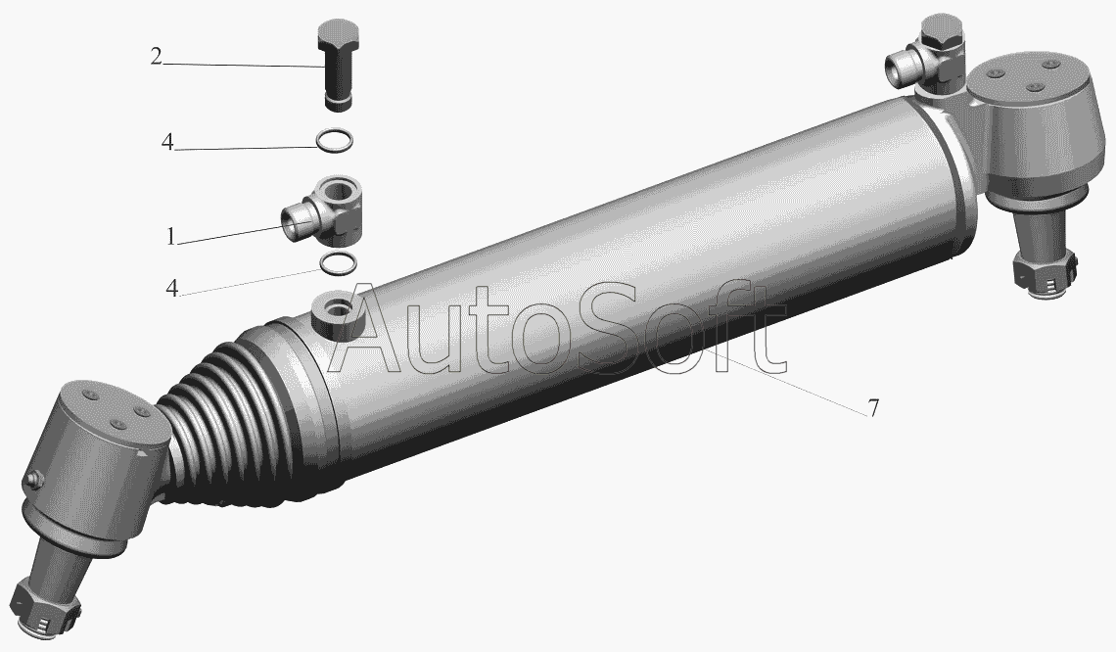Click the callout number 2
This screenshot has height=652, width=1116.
click(x=157, y=56)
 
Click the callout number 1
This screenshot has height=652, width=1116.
click(x=170, y=236)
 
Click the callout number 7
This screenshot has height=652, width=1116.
click(x=872, y=408)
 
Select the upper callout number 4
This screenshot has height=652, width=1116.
click(x=167, y=142)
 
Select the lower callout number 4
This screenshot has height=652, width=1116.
click(x=171, y=288)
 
